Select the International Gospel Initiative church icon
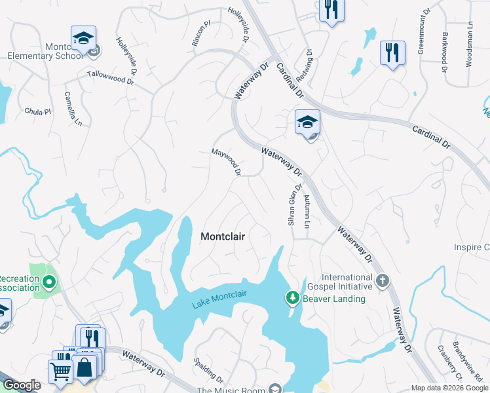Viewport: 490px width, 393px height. click(x=383, y=282)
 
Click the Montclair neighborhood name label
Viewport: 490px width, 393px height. click(x=223, y=236)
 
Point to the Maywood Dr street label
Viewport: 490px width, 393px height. click(x=227, y=162)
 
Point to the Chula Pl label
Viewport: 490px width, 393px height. click(x=37, y=112)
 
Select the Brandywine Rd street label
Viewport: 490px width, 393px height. click(x=478, y=370)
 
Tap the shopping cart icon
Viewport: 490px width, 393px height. click(x=60, y=371)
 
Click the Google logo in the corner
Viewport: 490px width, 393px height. click(x=22, y=385)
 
